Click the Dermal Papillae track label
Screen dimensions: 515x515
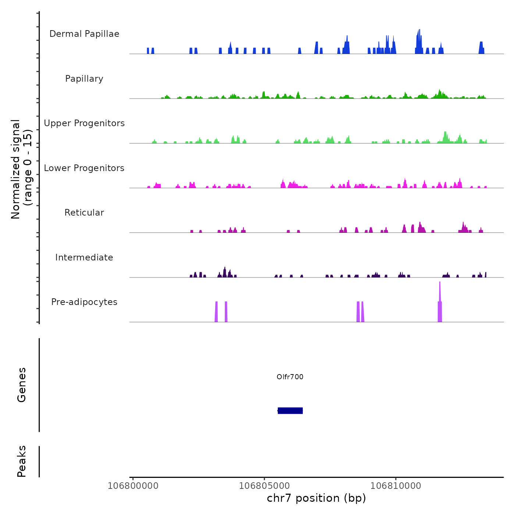tap(84, 34)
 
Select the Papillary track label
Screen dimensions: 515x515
tap(84, 79)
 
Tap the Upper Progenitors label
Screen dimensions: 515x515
tap(84, 123)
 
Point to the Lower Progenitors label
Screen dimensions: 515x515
tap(84, 168)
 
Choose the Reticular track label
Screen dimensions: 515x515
tap(84, 213)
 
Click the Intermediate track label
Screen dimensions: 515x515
tap(84, 257)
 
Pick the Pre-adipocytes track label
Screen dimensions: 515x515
tap(84, 302)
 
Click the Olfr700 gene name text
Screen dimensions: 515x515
tap(290, 377)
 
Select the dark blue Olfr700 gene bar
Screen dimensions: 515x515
tap(290, 411)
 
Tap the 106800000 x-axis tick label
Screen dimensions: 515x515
tap(133, 486)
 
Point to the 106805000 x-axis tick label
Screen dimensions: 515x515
tap(264, 486)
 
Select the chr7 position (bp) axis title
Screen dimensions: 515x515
tap(316, 498)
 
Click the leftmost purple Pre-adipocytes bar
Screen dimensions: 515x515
tap(216, 312)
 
